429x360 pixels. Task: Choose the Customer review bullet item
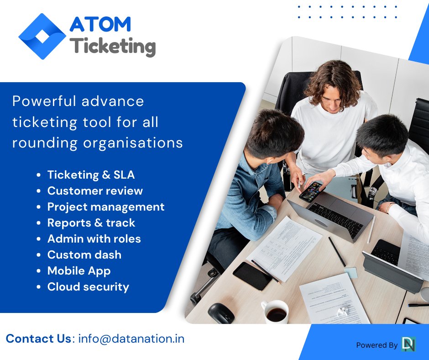[x=95, y=191]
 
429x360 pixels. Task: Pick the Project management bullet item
[x=106, y=206]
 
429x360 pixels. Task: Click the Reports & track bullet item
[x=91, y=222]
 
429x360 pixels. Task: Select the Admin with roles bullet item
[x=94, y=238]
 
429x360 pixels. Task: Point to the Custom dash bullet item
[x=84, y=254]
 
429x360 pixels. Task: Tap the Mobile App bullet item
[x=79, y=270]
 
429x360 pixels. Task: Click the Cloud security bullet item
[x=88, y=286]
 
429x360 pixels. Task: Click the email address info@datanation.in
[x=131, y=339]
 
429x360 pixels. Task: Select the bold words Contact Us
[x=38, y=339]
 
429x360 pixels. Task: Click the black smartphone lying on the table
[x=252, y=275]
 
